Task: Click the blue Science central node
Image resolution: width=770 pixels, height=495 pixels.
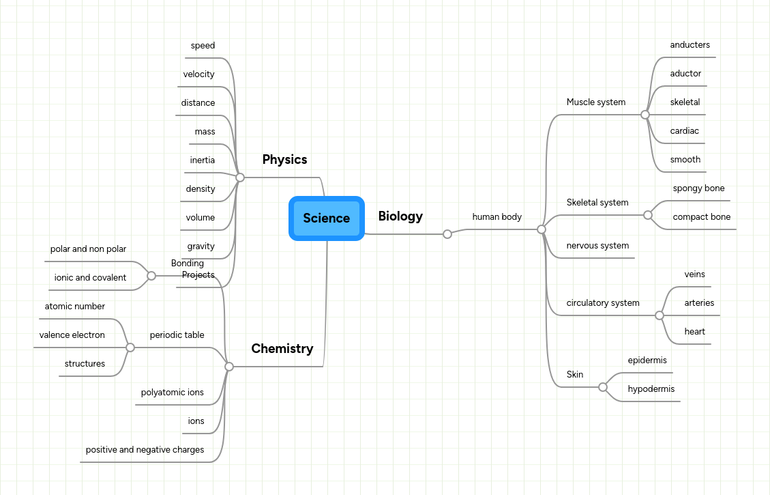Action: pyautogui.click(x=326, y=218)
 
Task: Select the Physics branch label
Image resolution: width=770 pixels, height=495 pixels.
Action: pyautogui.click(x=284, y=160)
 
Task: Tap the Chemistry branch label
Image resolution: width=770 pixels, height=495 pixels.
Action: pyautogui.click(x=282, y=349)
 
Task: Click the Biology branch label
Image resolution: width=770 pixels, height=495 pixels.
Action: pyautogui.click(x=400, y=216)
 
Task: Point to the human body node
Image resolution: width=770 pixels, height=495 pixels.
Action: pyautogui.click(x=497, y=217)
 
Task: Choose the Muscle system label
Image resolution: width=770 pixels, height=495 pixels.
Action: pyautogui.click(x=595, y=102)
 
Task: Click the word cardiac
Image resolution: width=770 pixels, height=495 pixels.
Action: pyautogui.click(x=684, y=131)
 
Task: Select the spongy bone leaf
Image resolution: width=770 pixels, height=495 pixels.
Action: pyautogui.click(x=698, y=188)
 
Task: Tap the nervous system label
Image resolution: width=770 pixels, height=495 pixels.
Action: pyautogui.click(x=597, y=246)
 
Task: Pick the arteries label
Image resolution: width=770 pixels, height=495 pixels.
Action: pyautogui.click(x=699, y=303)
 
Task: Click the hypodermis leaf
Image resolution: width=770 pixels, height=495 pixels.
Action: pyautogui.click(x=651, y=389)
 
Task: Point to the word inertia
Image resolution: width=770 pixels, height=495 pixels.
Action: pyautogui.click(x=202, y=160)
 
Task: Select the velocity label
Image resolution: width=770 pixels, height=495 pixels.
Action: pyautogui.click(x=198, y=74)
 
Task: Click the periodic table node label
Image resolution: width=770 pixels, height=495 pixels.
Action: pyautogui.click(x=177, y=335)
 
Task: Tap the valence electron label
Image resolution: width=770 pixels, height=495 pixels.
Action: pyautogui.click(x=72, y=335)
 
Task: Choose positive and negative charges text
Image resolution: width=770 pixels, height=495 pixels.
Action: pyautogui.click(x=145, y=450)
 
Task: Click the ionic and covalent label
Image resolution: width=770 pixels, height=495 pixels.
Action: pyautogui.click(x=90, y=278)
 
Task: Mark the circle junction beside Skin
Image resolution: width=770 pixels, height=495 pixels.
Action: pyautogui.click(x=603, y=387)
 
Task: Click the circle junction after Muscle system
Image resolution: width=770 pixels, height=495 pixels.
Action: pyautogui.click(x=645, y=115)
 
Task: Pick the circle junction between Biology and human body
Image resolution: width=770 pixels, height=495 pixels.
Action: pyautogui.click(x=447, y=234)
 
